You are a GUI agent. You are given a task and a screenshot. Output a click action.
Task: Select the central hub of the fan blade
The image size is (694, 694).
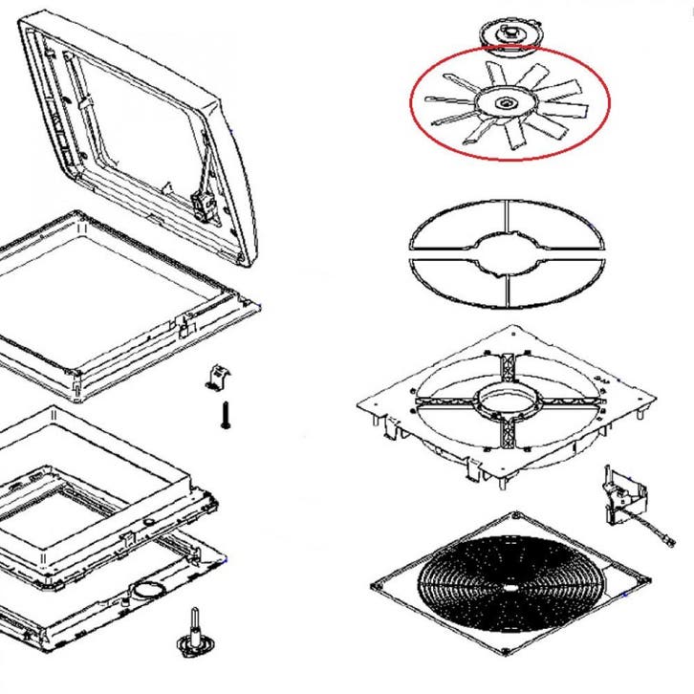coord(504,101)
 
